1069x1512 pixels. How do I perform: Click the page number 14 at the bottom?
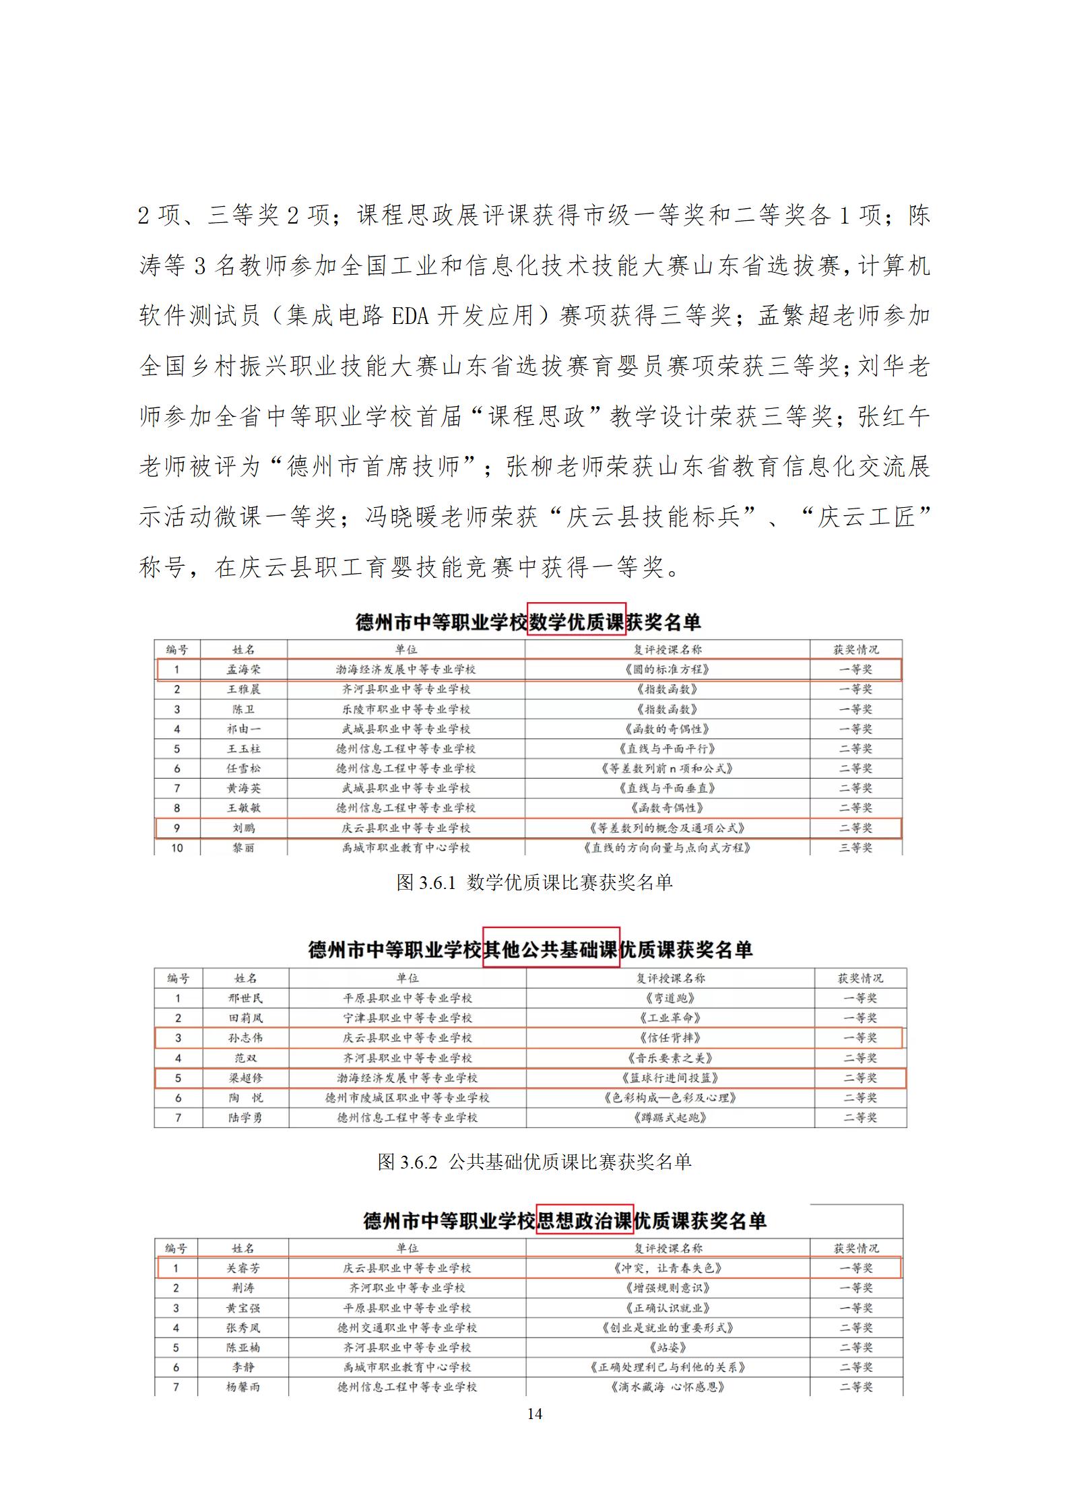pos(534,1414)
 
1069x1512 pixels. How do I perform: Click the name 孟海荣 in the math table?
pos(243,669)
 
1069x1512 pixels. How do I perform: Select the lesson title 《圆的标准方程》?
pos(668,669)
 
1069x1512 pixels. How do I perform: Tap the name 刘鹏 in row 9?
pos(243,828)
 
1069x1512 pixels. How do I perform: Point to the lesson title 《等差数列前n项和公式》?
pos(668,768)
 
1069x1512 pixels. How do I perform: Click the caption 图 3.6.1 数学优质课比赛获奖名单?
pos(534,882)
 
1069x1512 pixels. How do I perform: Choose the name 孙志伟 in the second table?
pos(245,1038)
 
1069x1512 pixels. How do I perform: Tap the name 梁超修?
pos(245,1078)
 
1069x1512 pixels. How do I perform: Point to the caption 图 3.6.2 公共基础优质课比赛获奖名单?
pos(534,1161)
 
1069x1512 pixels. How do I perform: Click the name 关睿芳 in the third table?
pos(243,1268)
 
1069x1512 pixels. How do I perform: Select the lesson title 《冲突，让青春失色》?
pos(668,1268)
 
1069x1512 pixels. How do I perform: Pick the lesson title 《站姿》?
pos(668,1347)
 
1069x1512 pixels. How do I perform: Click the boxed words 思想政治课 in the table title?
pos(584,1221)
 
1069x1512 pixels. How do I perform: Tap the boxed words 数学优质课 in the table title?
pos(577,622)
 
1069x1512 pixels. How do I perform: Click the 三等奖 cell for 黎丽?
pos(855,847)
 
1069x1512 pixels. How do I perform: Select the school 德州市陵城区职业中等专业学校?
pos(407,1098)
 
